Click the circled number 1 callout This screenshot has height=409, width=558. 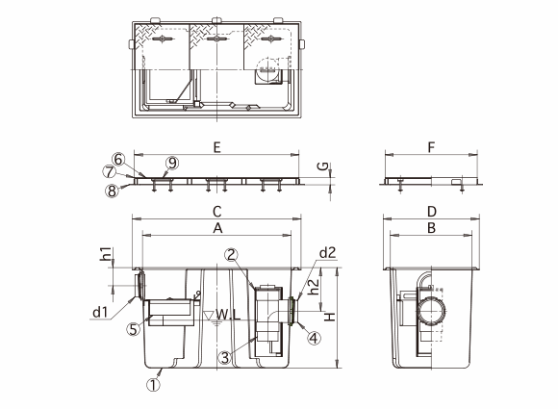pyautogui.click(x=153, y=384)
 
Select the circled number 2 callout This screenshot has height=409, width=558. pyautogui.click(x=231, y=254)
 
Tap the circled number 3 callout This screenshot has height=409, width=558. pyautogui.click(x=225, y=357)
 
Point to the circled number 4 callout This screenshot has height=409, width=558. pyautogui.click(x=314, y=338)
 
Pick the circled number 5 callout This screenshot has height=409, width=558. pyautogui.click(x=133, y=329)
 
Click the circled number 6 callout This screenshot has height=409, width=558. pyautogui.click(x=118, y=159)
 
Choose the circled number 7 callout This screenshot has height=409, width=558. pyautogui.click(x=110, y=172)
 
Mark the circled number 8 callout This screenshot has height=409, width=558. pyautogui.click(x=112, y=191)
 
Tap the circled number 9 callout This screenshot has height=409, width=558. pyautogui.click(x=172, y=163)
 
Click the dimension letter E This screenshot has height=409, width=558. pyautogui.click(x=217, y=147)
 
